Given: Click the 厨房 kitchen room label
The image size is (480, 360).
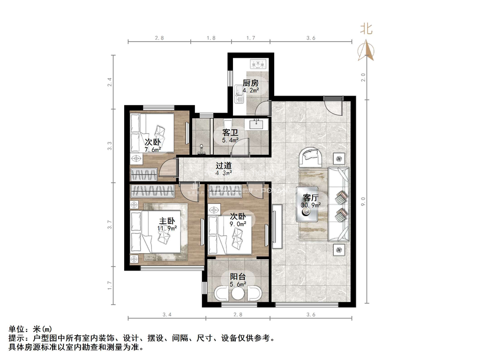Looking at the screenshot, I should click(250, 83).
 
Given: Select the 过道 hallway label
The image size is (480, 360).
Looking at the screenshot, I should click(223, 165).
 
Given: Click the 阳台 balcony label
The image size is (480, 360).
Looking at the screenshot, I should click(238, 277).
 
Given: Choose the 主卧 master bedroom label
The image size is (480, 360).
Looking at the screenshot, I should click(167, 221).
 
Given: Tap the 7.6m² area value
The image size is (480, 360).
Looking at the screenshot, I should click(153, 150).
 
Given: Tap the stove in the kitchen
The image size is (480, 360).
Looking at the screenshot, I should click(258, 63).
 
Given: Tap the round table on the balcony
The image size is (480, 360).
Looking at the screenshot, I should click(238, 293).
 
